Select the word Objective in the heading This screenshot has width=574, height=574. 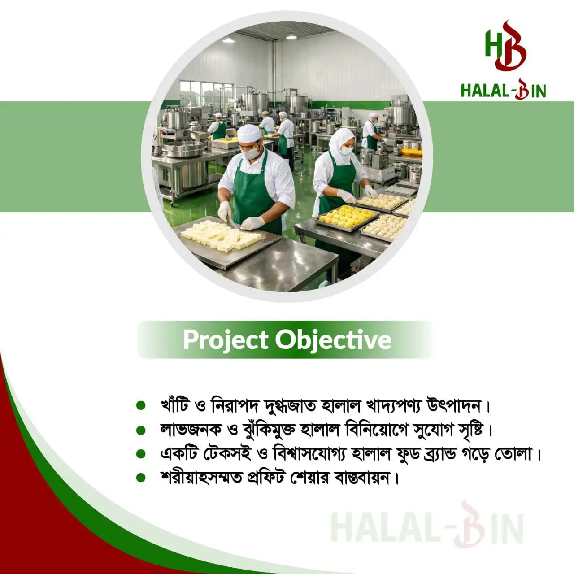[x=333, y=340]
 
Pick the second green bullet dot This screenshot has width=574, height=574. [x=141, y=430]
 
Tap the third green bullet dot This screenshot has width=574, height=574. [x=141, y=454]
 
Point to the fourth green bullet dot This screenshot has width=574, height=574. [x=141, y=478]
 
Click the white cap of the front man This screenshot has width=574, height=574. [x=249, y=133]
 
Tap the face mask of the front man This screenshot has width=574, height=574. [x=251, y=153]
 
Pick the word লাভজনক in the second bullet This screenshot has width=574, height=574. [x=191, y=430]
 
